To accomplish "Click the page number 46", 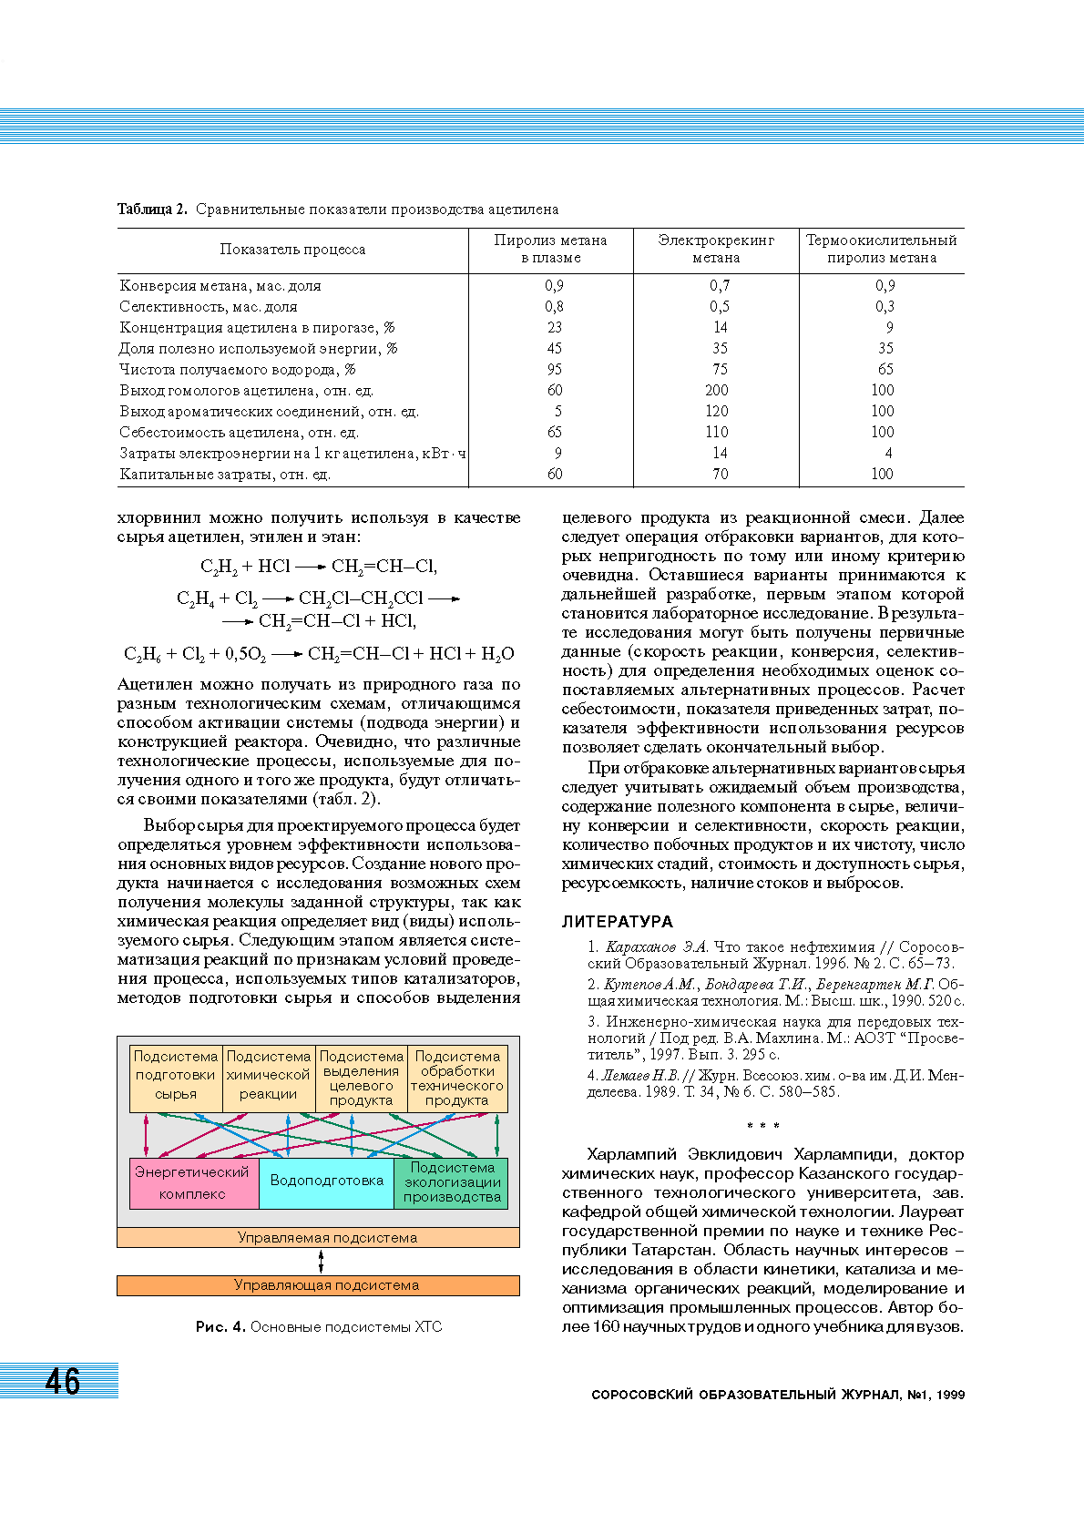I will click(63, 1381).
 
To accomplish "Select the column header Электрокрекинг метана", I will click(716, 249).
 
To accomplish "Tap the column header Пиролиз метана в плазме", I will click(550, 249).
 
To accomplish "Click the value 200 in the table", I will click(717, 390).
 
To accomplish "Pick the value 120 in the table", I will click(717, 411).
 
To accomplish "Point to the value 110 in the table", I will click(717, 432).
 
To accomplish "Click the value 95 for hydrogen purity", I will click(555, 369).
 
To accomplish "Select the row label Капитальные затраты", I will click(225, 474).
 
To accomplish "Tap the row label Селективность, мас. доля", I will click(209, 307).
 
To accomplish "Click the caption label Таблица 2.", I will click(152, 210).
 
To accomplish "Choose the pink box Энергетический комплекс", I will click(193, 1182).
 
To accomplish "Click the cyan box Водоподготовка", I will click(326, 1181).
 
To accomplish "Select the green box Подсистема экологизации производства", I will click(452, 1182).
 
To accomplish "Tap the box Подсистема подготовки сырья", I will click(176, 1076).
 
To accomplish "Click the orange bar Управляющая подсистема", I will click(318, 1285).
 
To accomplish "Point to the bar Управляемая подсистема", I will click(318, 1238).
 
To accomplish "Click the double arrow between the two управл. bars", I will click(322, 1262).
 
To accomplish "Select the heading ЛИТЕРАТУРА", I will click(617, 921).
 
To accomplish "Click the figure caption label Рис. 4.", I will click(220, 1326).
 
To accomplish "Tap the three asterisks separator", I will click(762, 1126).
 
